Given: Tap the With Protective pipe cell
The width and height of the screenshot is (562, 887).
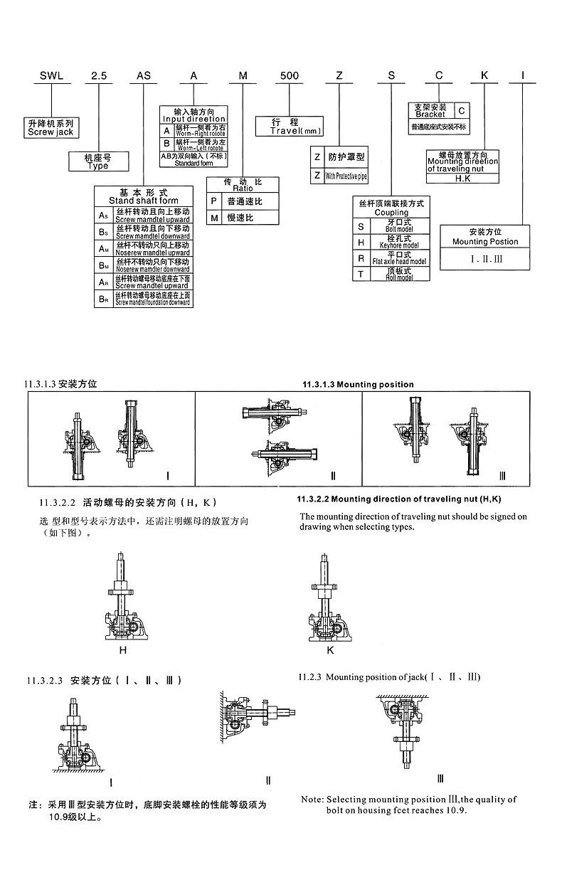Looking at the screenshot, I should [346, 176].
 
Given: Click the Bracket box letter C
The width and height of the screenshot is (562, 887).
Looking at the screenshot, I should [462, 111].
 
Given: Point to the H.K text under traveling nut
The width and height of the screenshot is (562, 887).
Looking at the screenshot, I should [463, 179].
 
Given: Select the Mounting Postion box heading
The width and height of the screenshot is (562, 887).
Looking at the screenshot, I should [485, 237].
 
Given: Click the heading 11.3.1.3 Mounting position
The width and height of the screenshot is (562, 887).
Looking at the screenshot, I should [358, 385].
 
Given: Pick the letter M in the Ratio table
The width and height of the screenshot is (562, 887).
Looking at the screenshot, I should [213, 218].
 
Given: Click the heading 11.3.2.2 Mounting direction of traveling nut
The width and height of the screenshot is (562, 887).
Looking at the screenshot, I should [403, 499].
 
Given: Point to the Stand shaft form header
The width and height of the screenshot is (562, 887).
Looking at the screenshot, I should [144, 196].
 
